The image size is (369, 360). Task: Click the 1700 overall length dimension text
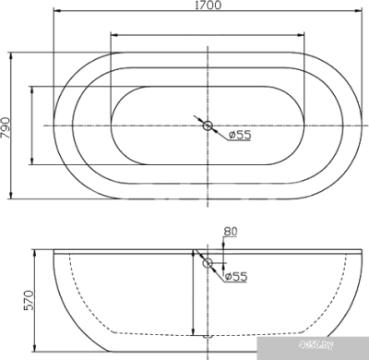[208, 8]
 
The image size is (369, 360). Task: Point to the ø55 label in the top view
[240, 136]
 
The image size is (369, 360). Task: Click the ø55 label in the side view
[237, 274]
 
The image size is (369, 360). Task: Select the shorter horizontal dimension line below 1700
[208, 36]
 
